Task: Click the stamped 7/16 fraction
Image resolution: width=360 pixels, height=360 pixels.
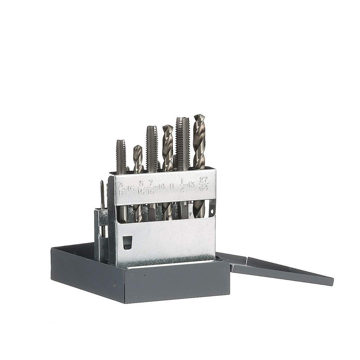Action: pyautogui.click(x=151, y=187)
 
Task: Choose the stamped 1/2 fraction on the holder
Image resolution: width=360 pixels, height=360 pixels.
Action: pyautogui.click(x=181, y=186)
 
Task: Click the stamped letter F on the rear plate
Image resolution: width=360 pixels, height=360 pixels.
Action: pyautogui.click(x=191, y=214)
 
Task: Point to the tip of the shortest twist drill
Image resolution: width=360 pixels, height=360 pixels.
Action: pyautogui.click(x=137, y=147)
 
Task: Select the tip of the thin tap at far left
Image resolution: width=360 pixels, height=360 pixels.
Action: pyautogui.click(x=102, y=182)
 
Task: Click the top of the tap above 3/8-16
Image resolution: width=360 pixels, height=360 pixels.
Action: pyautogui.click(x=121, y=142)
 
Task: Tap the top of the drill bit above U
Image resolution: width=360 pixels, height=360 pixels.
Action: pyautogui.click(x=167, y=127)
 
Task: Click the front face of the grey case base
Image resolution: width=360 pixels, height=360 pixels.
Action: pyautogui.click(x=138, y=283)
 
